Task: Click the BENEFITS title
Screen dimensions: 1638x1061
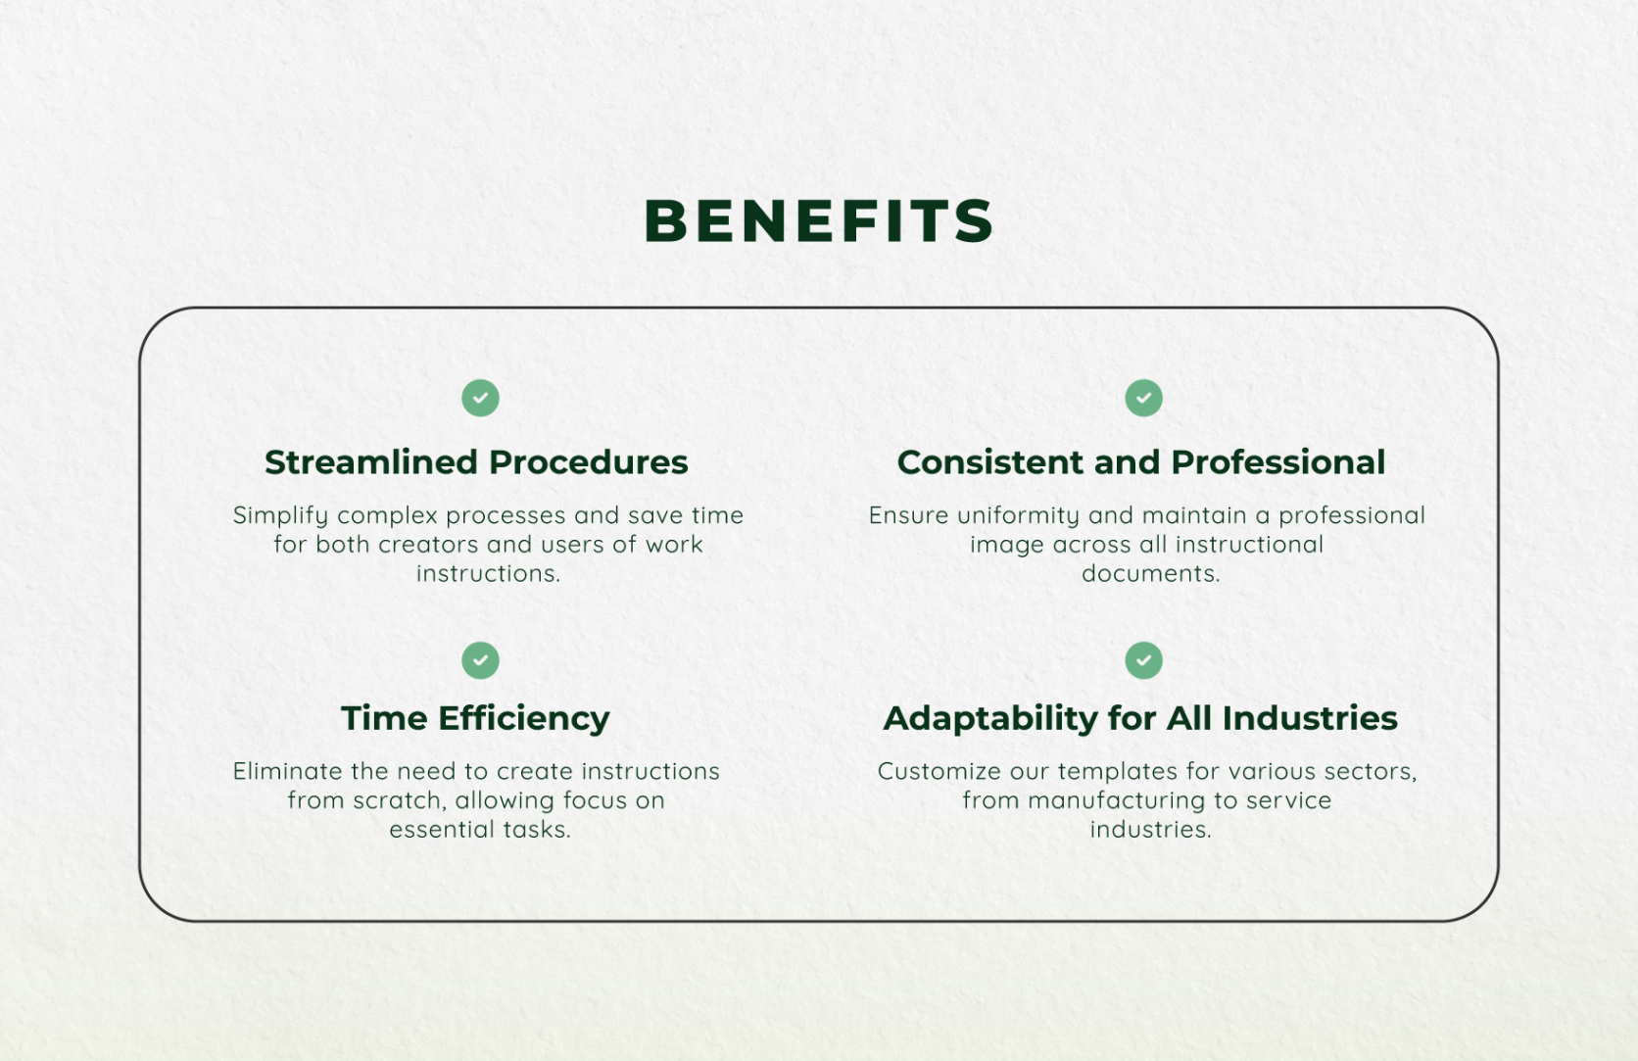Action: [818, 220]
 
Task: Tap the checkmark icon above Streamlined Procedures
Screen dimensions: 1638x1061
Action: [480, 398]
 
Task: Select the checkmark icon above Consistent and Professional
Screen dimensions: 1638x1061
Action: [1143, 398]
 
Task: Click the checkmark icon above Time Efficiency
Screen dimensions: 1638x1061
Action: [480, 660]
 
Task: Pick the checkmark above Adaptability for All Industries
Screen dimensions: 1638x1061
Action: [1143, 660]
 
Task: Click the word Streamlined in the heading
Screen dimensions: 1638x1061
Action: [370, 462]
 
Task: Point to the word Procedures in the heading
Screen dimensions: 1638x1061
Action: [588, 462]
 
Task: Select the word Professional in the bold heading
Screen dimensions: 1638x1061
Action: [1277, 462]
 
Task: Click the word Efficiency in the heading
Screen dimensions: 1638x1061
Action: [523, 719]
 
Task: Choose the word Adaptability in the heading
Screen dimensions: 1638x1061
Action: [990, 719]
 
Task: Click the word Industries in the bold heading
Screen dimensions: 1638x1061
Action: [1310, 718]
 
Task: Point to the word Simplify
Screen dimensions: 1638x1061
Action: [280, 516]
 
